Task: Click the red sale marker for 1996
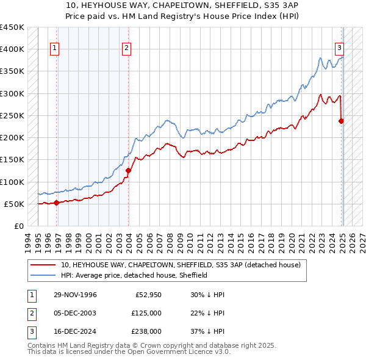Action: point(56,203)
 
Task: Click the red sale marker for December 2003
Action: point(129,171)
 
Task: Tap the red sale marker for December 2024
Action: point(341,121)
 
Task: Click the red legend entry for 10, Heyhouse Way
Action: point(181,265)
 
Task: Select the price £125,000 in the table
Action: point(146,313)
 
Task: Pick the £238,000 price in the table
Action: point(146,331)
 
